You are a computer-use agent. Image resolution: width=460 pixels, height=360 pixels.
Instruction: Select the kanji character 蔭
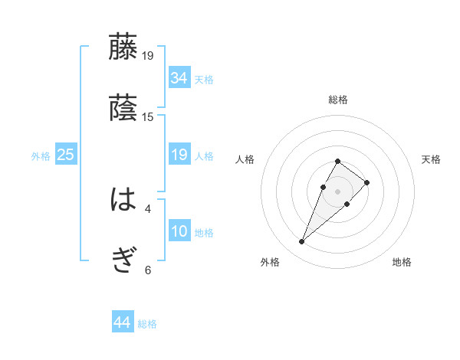pos(123,109)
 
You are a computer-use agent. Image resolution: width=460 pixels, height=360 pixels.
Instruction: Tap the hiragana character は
pos(123,201)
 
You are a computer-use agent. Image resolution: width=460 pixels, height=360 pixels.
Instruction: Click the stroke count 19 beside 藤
pos(148,55)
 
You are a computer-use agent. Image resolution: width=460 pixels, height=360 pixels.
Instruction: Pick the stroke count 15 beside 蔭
pos(148,117)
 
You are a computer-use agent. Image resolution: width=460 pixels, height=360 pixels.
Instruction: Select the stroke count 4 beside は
pos(148,208)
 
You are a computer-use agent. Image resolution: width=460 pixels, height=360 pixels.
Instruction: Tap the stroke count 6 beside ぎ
pos(148,270)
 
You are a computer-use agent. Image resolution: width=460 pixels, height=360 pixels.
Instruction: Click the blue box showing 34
pos(179,78)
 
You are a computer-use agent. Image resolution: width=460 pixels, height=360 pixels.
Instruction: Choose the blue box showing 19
pos(179,155)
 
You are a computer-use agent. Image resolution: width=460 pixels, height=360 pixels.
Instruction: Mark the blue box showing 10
pos(179,231)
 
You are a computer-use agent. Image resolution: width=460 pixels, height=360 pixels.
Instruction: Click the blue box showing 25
pos(66,155)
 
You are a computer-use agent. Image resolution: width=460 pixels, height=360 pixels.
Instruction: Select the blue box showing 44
pos(122,322)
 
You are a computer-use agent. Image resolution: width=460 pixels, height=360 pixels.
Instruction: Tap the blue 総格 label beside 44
pos(147,324)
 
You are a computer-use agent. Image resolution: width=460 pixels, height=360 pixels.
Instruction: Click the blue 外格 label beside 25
pos(41,156)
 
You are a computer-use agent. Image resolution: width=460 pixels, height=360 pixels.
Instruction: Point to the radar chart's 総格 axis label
pos(338,100)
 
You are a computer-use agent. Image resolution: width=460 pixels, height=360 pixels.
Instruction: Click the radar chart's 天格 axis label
pos(431,159)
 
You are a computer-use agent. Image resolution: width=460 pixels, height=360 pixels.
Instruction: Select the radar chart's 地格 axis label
pos(402,263)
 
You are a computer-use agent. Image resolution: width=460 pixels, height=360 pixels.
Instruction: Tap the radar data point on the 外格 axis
pos(302,242)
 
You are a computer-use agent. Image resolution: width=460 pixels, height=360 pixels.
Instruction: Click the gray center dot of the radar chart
pos(337,190)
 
